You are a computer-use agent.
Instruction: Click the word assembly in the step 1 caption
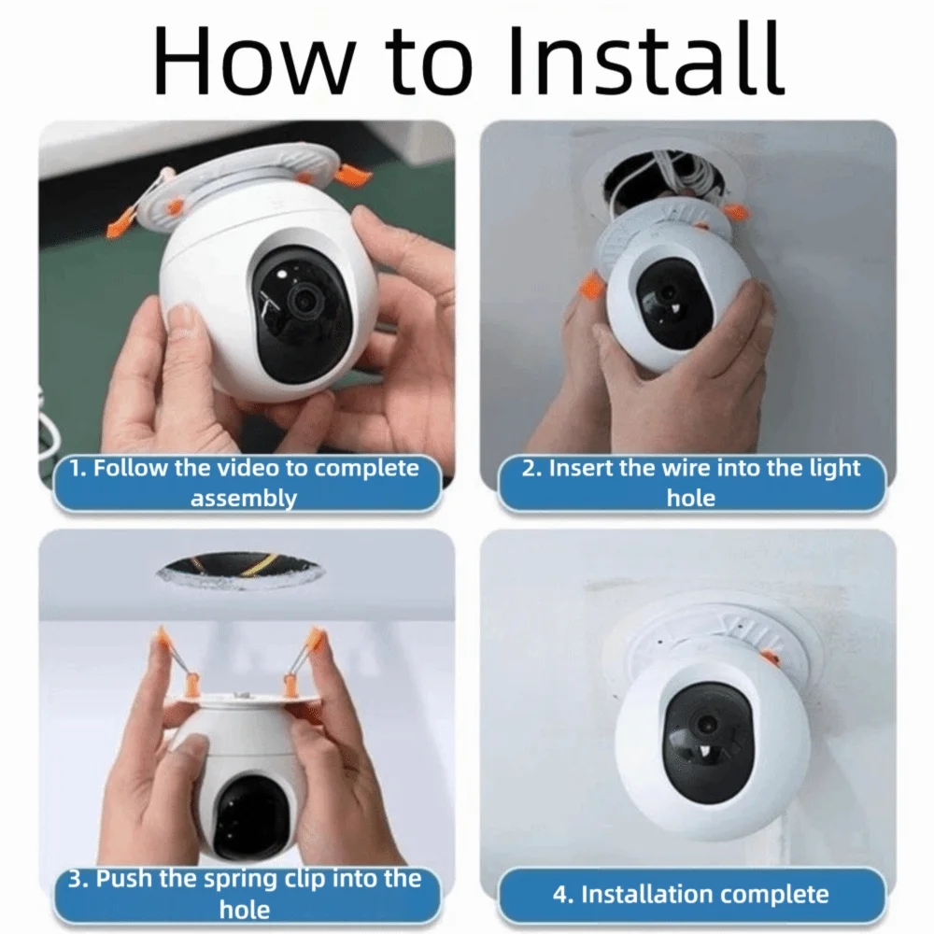tap(244, 497)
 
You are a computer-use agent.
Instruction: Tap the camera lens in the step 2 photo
tap(668, 294)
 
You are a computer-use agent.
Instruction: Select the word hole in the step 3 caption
tap(244, 908)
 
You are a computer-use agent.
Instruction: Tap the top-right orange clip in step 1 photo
tap(354, 175)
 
